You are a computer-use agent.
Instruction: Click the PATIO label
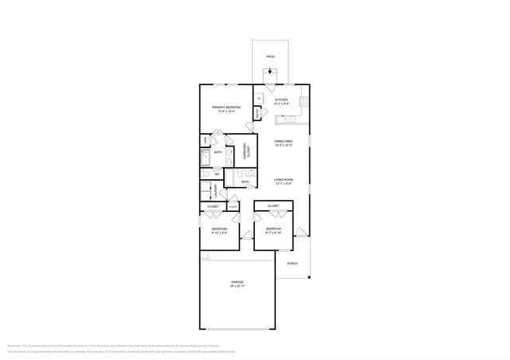271,57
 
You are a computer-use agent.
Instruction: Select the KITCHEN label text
280,100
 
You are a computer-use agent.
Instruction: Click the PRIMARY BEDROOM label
226,107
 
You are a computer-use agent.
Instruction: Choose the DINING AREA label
283,141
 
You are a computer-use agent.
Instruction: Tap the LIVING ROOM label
283,179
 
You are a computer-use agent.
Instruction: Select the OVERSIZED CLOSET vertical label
248,152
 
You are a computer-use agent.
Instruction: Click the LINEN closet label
206,141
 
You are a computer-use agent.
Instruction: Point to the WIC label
218,173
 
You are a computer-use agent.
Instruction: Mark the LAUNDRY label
215,190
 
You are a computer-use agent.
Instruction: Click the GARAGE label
237,282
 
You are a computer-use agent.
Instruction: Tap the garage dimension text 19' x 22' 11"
237,286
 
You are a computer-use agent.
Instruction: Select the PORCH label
292,263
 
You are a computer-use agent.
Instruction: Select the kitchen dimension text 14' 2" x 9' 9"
280,104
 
